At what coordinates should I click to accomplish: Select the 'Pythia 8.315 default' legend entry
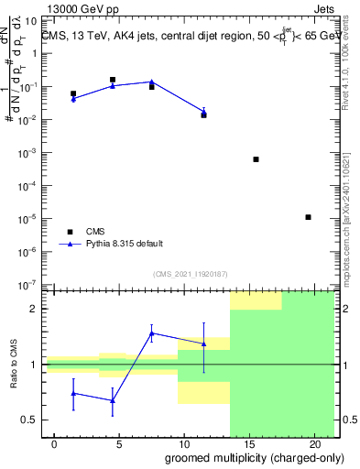pos(125,244)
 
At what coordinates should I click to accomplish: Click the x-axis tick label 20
pos(314,443)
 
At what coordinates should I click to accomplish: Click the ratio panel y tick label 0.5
pos(29,420)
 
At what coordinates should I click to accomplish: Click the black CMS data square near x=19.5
pos(308,217)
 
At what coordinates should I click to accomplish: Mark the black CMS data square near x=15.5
pos(256,159)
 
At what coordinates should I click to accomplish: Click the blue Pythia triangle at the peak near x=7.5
pos(152,82)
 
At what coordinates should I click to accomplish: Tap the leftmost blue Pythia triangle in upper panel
pos(73,98)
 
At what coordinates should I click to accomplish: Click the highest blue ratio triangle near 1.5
pos(152,333)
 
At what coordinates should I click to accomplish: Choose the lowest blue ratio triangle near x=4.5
pos(113,400)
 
